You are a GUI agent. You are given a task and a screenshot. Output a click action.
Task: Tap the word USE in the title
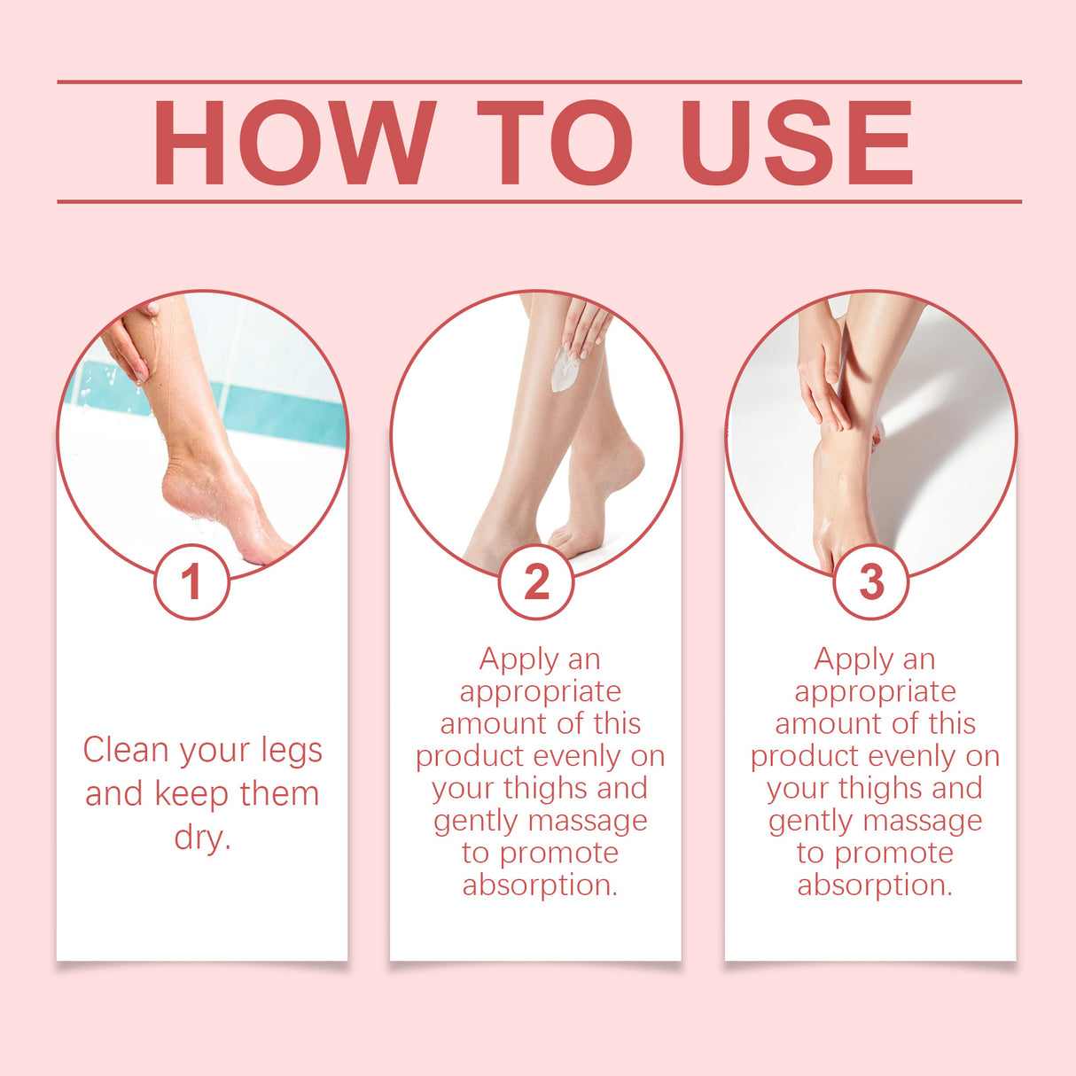(797, 143)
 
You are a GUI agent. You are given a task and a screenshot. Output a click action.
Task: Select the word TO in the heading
(555, 143)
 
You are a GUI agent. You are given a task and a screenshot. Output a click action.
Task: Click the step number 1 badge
(191, 582)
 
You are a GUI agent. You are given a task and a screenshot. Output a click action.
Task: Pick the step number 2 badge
(536, 582)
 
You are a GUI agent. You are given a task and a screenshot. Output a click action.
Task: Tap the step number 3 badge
(871, 582)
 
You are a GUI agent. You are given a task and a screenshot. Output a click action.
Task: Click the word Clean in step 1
(126, 750)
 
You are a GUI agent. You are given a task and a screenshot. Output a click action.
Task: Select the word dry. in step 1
(203, 837)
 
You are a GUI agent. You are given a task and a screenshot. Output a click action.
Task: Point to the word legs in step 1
(292, 752)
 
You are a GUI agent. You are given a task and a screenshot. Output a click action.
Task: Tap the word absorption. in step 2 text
(540, 885)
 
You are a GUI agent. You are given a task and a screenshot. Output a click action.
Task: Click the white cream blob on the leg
(564, 370)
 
